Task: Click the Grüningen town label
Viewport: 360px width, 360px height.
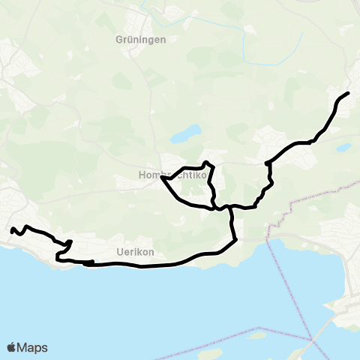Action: [140, 39]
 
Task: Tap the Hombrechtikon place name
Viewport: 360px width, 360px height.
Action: [156, 175]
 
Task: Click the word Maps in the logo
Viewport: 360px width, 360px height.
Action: [33, 347]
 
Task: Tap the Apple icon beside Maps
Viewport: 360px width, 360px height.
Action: [12, 347]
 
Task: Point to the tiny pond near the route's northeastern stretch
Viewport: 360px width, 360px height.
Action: [344, 148]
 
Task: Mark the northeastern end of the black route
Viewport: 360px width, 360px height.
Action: [349, 93]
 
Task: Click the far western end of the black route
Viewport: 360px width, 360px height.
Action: [11, 230]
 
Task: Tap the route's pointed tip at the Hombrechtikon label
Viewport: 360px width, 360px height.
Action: [162, 177]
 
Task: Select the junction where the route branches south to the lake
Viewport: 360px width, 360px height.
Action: [230, 207]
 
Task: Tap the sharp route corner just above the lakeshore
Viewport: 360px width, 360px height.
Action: [235, 240]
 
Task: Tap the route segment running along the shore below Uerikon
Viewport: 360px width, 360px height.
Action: [150, 265]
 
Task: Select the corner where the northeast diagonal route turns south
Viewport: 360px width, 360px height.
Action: [267, 162]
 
